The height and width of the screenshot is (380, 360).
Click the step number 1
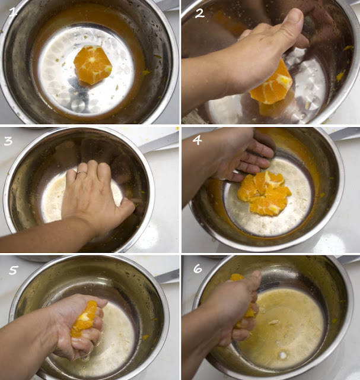point(13,12)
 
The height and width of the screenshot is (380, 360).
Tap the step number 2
point(199,14)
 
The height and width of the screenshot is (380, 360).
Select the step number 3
point(8,140)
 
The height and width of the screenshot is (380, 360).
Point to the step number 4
point(197,140)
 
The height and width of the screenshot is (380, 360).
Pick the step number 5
point(13,270)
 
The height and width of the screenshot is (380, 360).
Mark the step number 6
point(197,268)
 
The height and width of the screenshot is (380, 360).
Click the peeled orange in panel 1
point(93,65)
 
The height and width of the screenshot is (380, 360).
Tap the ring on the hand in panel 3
point(81,173)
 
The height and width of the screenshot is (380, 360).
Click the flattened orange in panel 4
point(265,194)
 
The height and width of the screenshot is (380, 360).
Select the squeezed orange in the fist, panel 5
point(84,319)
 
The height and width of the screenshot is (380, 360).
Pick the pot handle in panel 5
point(167,277)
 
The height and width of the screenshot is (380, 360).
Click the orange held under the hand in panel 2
point(272,86)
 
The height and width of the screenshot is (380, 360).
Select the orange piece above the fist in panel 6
point(237,277)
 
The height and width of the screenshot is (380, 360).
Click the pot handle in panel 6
point(349,260)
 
